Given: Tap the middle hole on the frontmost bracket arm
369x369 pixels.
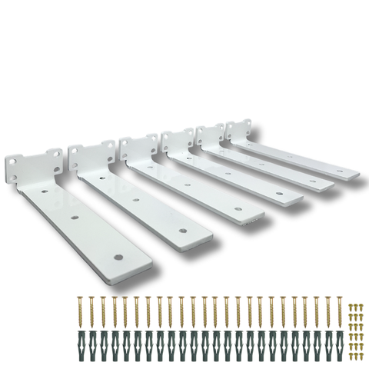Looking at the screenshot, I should click(76, 219).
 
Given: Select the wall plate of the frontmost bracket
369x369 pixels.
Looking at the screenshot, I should click(31, 165).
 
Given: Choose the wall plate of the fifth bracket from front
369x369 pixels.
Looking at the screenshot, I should click(210, 137).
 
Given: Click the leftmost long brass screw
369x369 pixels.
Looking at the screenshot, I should click(79, 312).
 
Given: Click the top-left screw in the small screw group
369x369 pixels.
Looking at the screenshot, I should click(351, 307).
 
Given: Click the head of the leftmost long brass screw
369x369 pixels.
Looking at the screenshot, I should click(79, 297).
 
